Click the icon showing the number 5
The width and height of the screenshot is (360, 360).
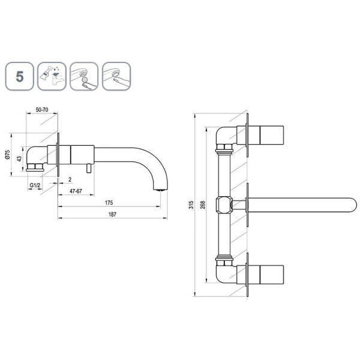click(20, 76)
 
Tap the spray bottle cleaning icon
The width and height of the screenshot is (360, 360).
click(52, 76)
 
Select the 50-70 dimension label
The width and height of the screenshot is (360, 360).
click(42, 110)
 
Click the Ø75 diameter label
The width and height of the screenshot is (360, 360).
click(7, 155)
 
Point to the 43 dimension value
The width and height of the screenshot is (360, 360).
click(19, 158)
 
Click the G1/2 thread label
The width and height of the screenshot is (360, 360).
click(35, 185)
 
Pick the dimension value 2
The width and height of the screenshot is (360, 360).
click(70, 179)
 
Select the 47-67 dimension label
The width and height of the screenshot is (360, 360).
click(76, 191)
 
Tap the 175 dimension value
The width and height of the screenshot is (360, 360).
click(109, 203)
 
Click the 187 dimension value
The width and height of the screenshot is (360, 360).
click(112, 214)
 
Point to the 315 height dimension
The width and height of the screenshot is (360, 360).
click(191, 205)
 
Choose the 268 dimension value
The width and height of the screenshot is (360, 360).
click(203, 205)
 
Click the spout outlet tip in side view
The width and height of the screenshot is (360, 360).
click(160, 190)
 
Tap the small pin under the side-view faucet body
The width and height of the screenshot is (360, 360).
click(89, 168)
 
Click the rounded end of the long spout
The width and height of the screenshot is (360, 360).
click(353, 205)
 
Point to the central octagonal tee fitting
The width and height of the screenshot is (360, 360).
click(223, 205)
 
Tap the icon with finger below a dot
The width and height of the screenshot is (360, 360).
click(84, 76)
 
